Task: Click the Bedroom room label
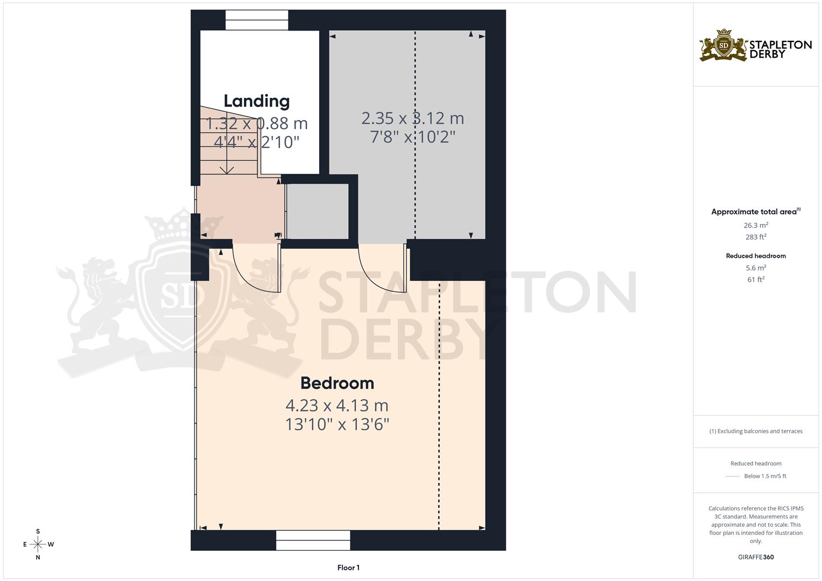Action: coord(337,383)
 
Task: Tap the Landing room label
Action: coord(256,101)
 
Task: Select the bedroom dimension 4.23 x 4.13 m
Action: coord(337,405)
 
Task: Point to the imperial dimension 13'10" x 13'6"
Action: coord(337,424)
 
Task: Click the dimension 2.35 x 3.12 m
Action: coord(412,118)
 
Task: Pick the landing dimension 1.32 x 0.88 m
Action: coord(257,123)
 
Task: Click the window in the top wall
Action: coord(257,21)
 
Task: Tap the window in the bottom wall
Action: coord(313,540)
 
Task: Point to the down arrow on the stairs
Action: coord(227,169)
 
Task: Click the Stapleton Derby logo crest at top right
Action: coord(723,46)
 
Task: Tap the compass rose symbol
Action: coord(38,544)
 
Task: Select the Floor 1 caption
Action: coord(348,568)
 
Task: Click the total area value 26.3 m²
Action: coord(756,225)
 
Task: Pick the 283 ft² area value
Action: coord(756,237)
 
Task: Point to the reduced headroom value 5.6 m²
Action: coord(756,267)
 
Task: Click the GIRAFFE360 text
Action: coord(756,557)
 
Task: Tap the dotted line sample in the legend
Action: coord(732,476)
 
